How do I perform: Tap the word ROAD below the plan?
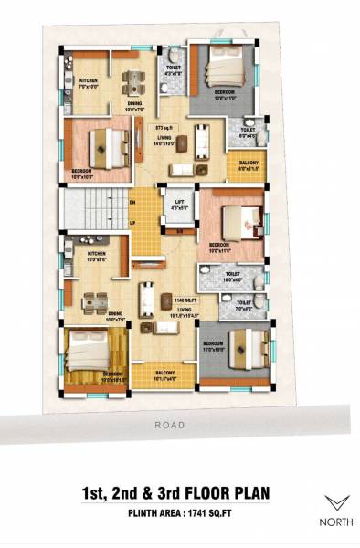tap(169, 425)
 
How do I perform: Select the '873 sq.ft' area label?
tap(165, 129)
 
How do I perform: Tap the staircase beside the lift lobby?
tap(92, 210)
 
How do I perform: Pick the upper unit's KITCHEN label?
tap(88, 81)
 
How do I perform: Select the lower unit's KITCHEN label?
tap(97, 253)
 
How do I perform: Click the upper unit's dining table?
tap(134, 83)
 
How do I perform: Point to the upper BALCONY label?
tap(249, 163)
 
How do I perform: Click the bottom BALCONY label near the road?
tap(165, 373)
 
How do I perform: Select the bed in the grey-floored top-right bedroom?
tap(225, 69)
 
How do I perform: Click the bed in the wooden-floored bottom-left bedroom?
tap(90, 351)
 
